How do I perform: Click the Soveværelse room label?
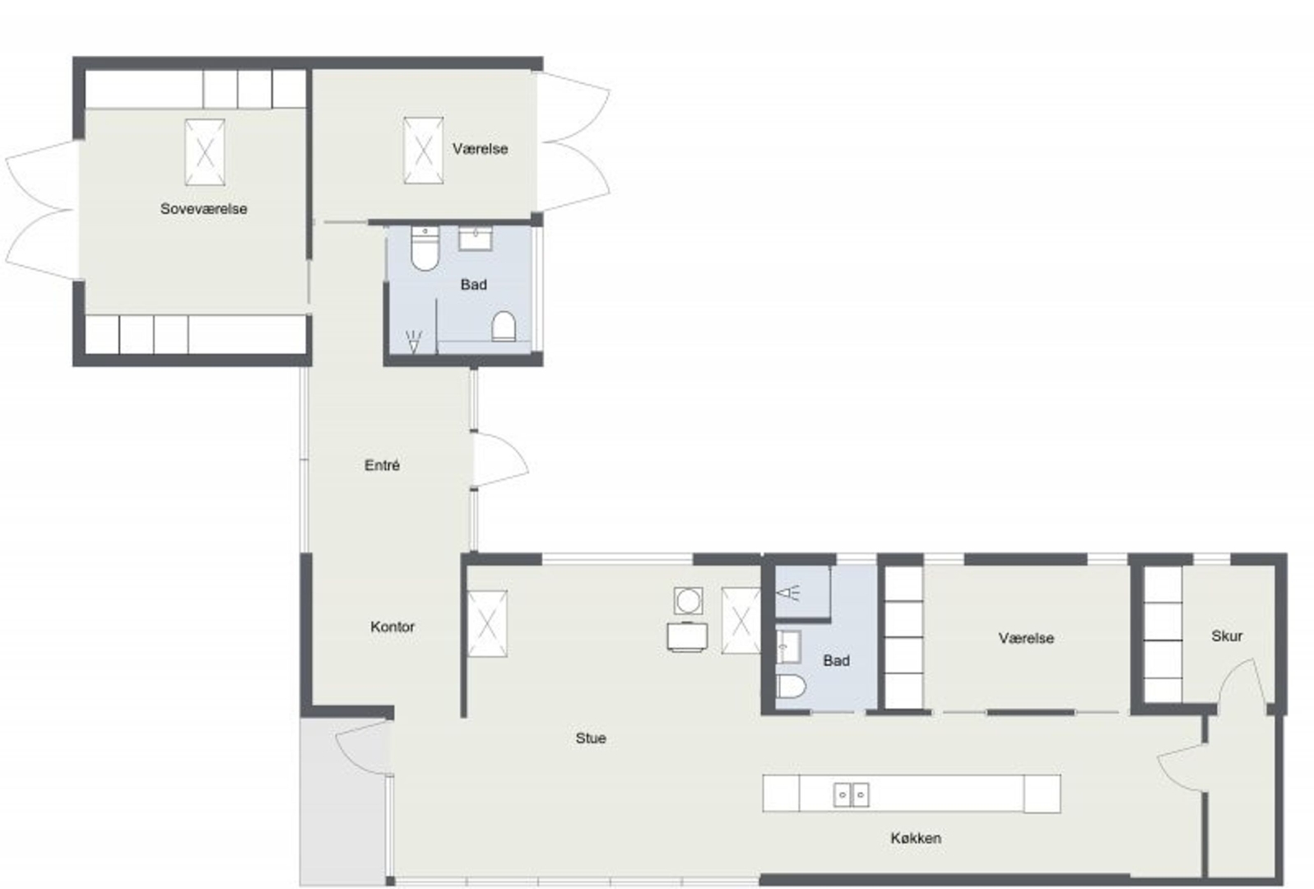pyautogui.click(x=203, y=209)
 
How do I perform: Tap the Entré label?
pyautogui.click(x=382, y=465)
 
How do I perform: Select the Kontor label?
pyautogui.click(x=392, y=626)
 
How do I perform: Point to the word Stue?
pyautogui.click(x=591, y=738)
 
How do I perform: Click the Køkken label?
pyautogui.click(x=916, y=838)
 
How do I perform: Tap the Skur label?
pyautogui.click(x=1227, y=635)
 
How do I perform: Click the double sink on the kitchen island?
pyautogui.click(x=851, y=795)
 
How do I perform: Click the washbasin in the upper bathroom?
pyautogui.click(x=475, y=238)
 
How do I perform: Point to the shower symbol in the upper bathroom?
pyautogui.click(x=414, y=342)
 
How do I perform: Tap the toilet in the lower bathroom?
pyautogui.click(x=791, y=686)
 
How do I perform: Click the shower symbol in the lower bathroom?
pyautogui.click(x=787, y=593)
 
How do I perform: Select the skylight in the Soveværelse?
pyautogui.click(x=205, y=152)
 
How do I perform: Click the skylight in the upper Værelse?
pyautogui.click(x=424, y=151)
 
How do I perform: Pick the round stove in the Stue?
pyautogui.click(x=688, y=601)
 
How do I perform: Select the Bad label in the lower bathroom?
pyautogui.click(x=836, y=661)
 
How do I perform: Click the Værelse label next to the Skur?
pyautogui.click(x=1026, y=638)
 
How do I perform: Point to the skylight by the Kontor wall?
pyautogui.click(x=487, y=623)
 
